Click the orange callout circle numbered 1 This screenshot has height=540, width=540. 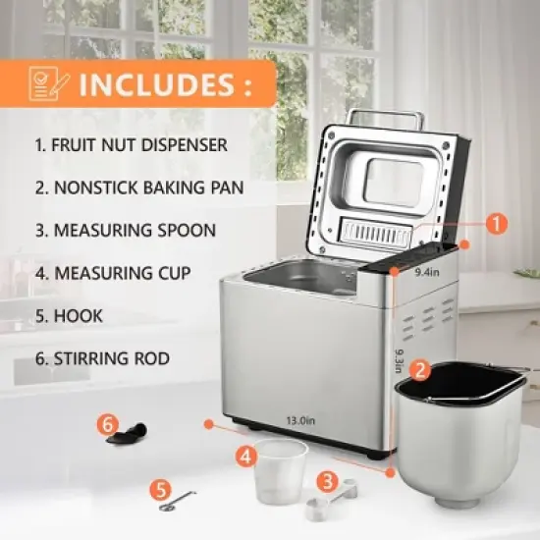point(498,224)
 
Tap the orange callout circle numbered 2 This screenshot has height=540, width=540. point(419,371)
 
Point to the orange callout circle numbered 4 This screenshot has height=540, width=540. point(245,455)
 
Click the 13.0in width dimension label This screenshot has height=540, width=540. point(300,420)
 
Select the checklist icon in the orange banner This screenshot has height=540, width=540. point(45,83)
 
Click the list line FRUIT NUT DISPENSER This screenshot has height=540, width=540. point(131,145)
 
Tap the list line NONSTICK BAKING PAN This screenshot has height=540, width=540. point(138,188)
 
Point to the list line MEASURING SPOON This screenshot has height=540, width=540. point(126,230)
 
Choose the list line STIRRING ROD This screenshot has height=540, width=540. point(102,357)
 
